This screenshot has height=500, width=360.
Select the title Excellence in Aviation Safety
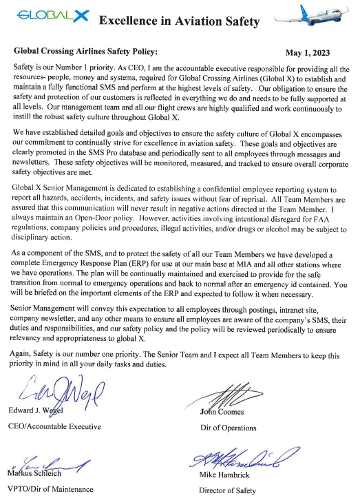point(179,21)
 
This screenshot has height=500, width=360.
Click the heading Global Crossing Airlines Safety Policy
point(85,51)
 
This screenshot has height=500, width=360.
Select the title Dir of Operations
point(228,428)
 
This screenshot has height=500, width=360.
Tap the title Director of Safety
point(227,491)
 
